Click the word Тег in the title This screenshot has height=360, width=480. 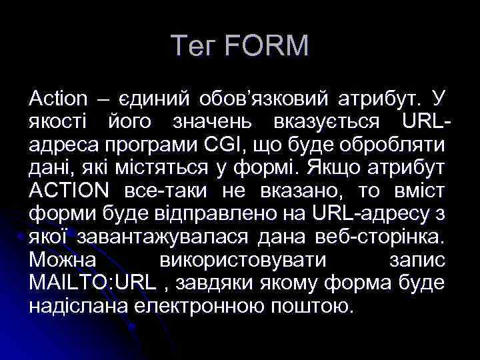click(194, 46)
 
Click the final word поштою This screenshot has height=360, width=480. click(313, 306)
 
